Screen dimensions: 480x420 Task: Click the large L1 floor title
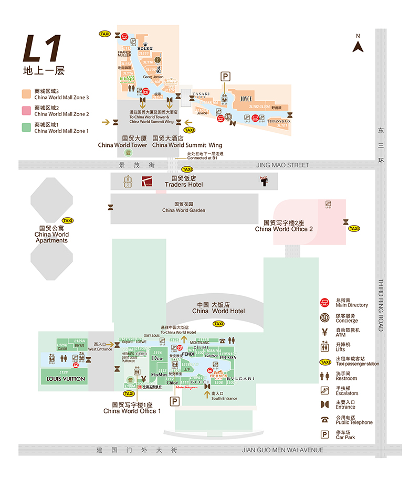coord(43,50)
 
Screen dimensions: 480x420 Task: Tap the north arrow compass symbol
coord(358,46)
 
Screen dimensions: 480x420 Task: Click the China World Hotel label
coord(218,308)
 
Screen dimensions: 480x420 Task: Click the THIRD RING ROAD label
coord(381,305)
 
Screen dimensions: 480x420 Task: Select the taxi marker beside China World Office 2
coord(354,229)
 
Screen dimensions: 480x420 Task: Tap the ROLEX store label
coord(145,48)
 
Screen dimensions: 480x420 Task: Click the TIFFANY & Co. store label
coord(279,121)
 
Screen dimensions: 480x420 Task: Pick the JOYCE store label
coord(246,99)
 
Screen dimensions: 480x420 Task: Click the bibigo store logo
coord(127,79)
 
